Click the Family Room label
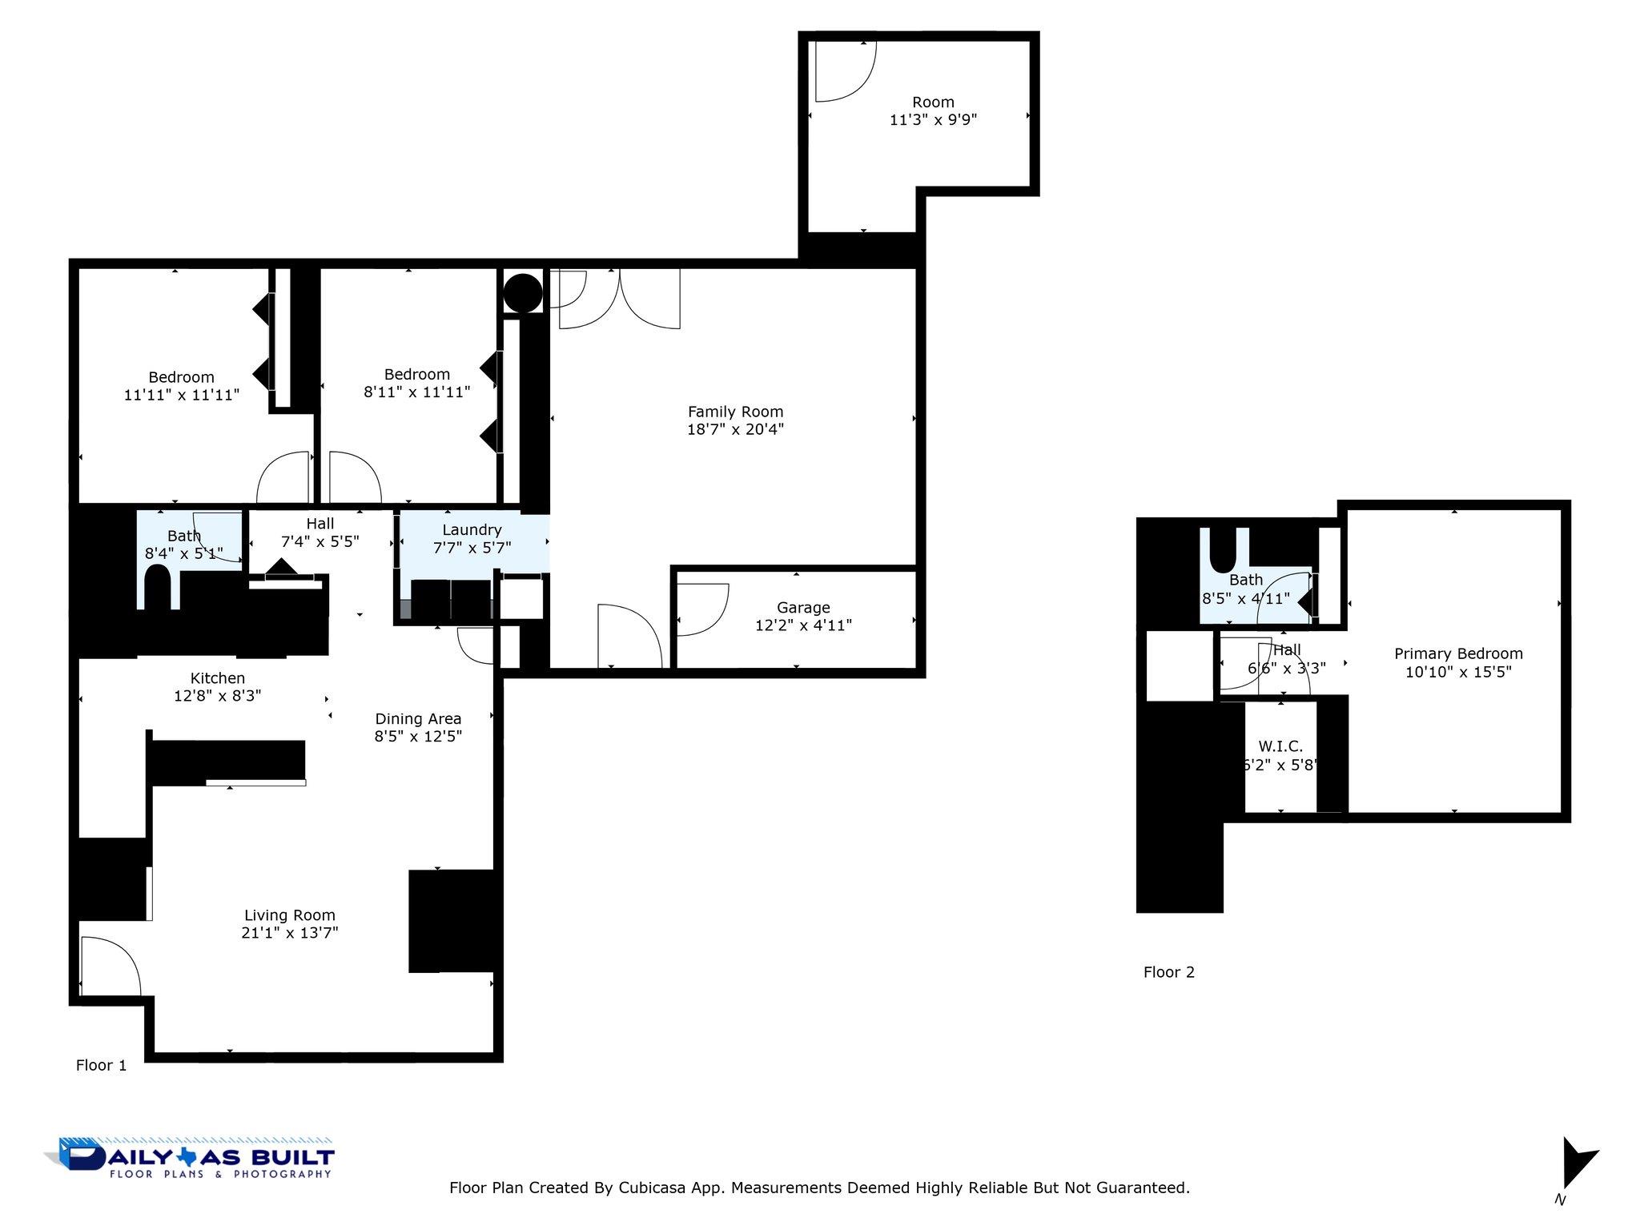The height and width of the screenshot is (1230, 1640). coord(735,412)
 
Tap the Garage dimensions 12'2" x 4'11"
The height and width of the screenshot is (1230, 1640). coord(803,625)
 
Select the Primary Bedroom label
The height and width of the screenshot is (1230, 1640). coord(1458,654)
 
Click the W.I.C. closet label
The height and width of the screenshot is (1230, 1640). coord(1280,746)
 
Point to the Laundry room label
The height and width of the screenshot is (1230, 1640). coord(472,530)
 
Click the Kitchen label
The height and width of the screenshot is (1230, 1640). coord(217,678)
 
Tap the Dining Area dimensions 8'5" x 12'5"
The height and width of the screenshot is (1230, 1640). coord(418,736)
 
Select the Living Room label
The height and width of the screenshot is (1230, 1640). coord(289,915)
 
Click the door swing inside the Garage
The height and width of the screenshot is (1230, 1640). coord(701,609)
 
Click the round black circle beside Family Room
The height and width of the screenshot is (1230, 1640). coord(523,293)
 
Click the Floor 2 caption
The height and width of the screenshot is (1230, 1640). coord(1168,972)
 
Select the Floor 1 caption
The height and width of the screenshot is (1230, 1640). coord(101,1065)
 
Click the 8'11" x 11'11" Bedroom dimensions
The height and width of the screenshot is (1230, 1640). coord(416,392)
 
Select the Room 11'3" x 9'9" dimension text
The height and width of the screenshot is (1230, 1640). coord(933,120)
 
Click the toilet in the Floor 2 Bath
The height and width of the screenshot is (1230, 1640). coord(1224,548)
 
